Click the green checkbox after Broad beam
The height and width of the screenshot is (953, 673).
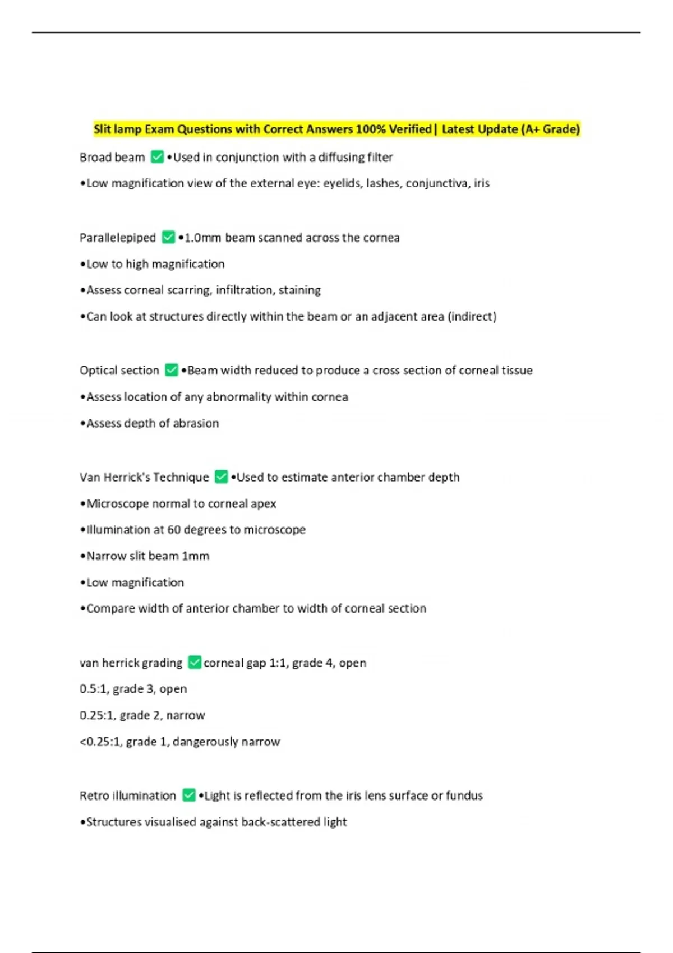[158, 157]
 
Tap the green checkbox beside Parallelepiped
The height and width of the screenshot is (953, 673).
[168, 237]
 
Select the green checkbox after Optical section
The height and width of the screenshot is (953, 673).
[172, 370]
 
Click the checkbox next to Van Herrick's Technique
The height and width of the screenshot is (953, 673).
[222, 476]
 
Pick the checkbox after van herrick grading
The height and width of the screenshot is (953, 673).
[195, 662]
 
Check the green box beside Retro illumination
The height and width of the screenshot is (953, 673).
[189, 795]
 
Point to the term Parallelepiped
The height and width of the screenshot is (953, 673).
[118, 238]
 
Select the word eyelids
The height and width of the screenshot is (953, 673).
[342, 183]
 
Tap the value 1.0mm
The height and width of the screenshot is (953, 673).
[203, 238]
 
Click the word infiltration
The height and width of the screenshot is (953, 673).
[245, 290]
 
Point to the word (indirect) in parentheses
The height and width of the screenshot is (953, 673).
[472, 317]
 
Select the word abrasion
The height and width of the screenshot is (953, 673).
[196, 423]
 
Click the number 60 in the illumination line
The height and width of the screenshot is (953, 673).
[174, 530]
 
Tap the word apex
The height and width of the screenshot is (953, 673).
[263, 504]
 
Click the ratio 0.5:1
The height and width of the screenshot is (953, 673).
[93, 689]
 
